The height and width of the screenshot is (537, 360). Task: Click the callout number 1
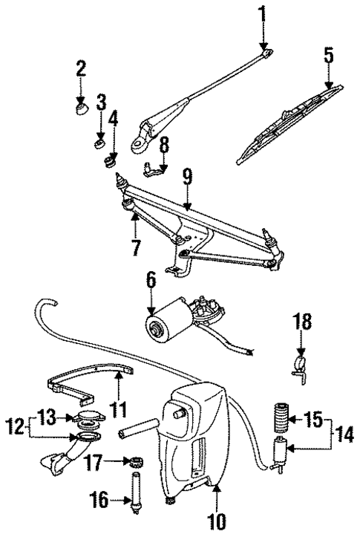[261, 13]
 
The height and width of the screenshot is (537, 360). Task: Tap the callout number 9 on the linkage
[187, 176]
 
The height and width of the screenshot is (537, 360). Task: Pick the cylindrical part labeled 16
[135, 494]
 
